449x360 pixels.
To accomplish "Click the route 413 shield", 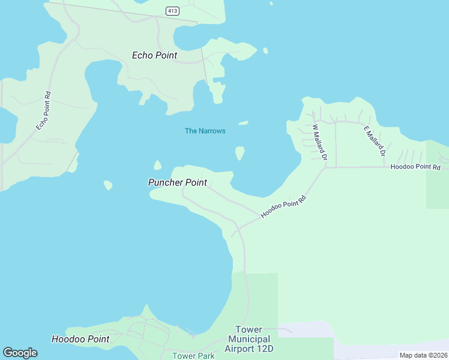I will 172,11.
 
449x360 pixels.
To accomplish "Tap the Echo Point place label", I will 155,55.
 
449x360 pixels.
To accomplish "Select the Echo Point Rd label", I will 43,110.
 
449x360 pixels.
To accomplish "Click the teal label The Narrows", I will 205,131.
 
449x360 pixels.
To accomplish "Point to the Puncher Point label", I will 178,182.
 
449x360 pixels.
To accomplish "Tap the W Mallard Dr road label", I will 319,142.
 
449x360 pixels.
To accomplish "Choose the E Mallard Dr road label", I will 374,141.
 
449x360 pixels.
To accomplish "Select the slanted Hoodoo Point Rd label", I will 283,206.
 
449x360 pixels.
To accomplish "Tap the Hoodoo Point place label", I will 80,339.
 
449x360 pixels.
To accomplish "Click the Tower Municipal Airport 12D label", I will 249,339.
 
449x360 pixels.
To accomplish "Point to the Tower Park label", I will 193,356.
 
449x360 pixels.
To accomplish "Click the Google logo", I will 20,353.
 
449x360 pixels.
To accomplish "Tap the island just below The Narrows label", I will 240,153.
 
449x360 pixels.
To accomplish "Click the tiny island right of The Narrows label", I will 243,123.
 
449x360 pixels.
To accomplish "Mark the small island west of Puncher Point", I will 108,185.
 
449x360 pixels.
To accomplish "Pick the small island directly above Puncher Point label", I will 157,165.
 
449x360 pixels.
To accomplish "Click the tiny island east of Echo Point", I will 265,51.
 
